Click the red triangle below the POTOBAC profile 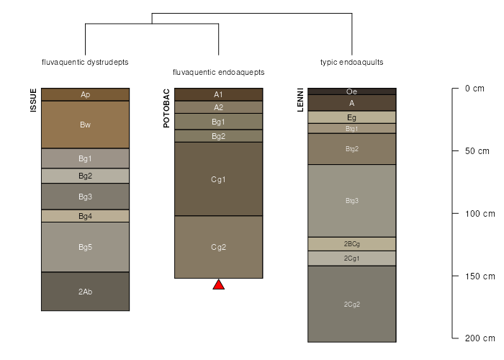tap(219, 285)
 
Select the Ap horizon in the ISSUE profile tap(85, 94)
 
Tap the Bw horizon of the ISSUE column tap(85, 125)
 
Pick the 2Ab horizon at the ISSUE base tap(85, 292)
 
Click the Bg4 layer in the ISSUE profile tap(85, 216)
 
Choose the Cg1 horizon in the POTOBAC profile tap(219, 179)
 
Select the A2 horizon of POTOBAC tap(219, 107)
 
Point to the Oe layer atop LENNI tap(352, 91)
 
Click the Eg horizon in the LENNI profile tap(352, 117)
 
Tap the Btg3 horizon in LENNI tap(352, 201)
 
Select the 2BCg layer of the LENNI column tap(352, 244)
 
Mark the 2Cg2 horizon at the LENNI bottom tap(352, 304)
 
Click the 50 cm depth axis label tap(477, 151)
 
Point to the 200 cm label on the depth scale tap(480, 338)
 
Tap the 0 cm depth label tap(474, 89)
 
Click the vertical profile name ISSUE tap(33, 100)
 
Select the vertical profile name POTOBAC tap(166, 108)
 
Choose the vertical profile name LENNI tap(300, 100)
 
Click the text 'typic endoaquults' tap(351, 62)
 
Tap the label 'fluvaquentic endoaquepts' tap(219, 72)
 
